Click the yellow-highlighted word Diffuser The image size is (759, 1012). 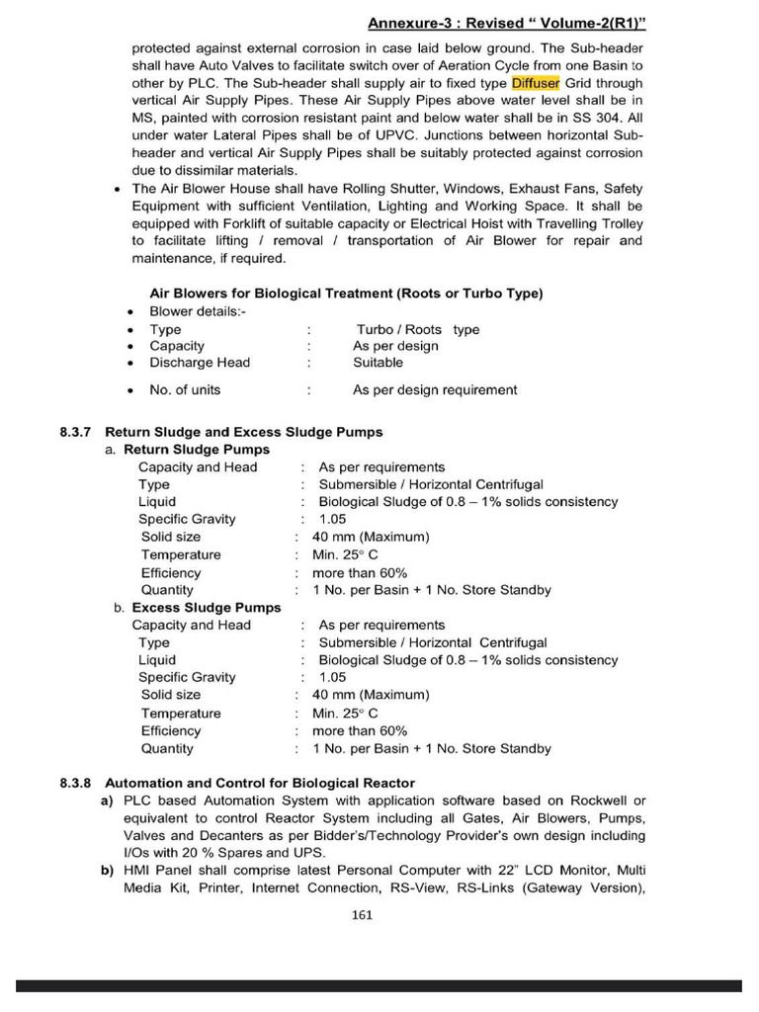(535, 84)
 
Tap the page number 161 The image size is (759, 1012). (362, 914)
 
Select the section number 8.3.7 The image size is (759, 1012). (75, 432)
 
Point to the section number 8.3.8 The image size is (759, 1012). (75, 783)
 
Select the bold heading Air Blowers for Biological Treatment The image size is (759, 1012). (345, 294)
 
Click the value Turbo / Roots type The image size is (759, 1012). (417, 329)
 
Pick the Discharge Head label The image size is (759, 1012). (200, 363)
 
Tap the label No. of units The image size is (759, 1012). (185, 389)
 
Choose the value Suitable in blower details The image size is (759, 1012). (378, 363)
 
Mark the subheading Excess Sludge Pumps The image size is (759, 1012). (206, 608)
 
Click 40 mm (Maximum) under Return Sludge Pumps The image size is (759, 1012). (371, 537)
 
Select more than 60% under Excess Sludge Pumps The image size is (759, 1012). (359, 730)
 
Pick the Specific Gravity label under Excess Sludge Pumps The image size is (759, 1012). (187, 677)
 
